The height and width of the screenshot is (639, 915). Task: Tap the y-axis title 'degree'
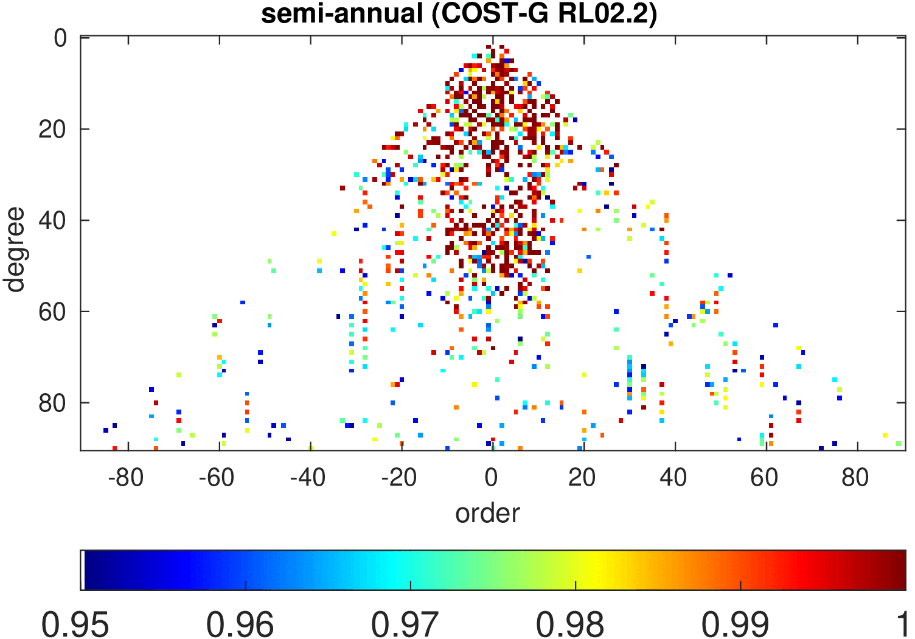pos(14,250)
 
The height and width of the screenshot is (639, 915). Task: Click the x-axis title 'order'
pos(487,513)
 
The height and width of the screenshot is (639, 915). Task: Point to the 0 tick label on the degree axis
pos(61,38)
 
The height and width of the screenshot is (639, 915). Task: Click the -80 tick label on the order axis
pos(125,478)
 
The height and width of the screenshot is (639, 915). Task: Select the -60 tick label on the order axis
pos(217,478)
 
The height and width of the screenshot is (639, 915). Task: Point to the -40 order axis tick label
pos(308,478)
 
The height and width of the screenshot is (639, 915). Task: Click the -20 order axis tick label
pos(399,478)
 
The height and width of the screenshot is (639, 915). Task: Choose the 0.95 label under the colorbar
pos(75,624)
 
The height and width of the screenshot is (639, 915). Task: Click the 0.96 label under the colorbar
pos(240,624)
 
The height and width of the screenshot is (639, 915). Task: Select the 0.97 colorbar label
pos(405,624)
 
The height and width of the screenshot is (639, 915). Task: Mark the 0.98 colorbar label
pos(569,624)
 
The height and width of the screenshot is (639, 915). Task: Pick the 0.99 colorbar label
pos(735,624)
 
